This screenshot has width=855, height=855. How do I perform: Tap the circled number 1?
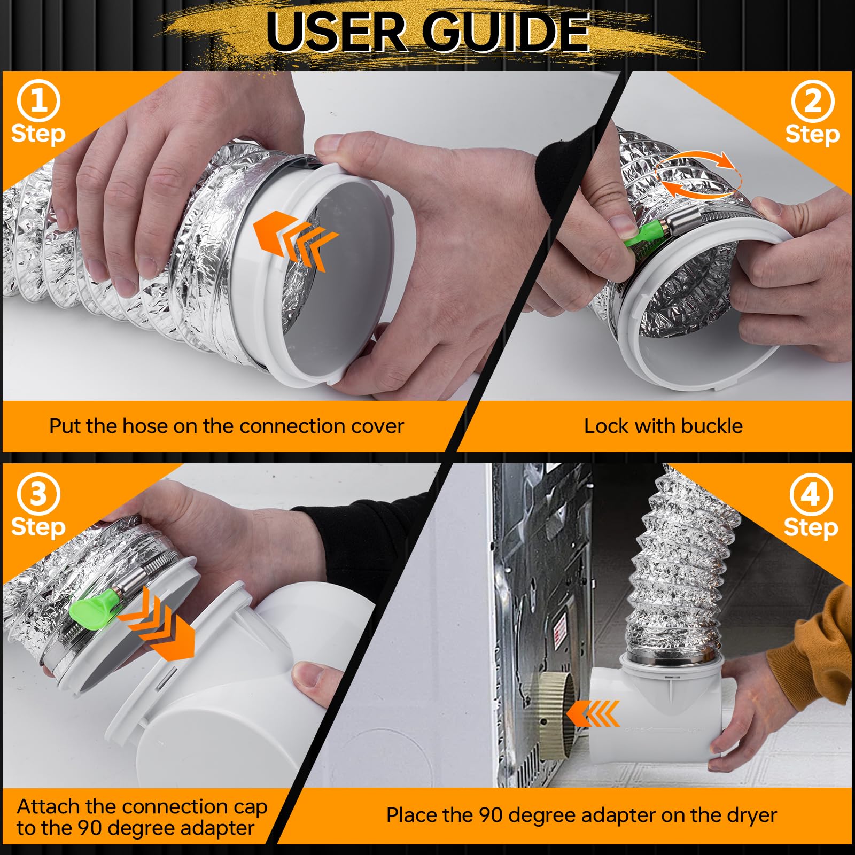click(38, 100)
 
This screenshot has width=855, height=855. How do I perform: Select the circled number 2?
click(812, 100)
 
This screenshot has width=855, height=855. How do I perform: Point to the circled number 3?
click(38, 494)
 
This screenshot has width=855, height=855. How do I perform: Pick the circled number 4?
click(811, 494)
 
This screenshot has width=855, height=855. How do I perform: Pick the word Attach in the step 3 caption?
click(48, 806)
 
